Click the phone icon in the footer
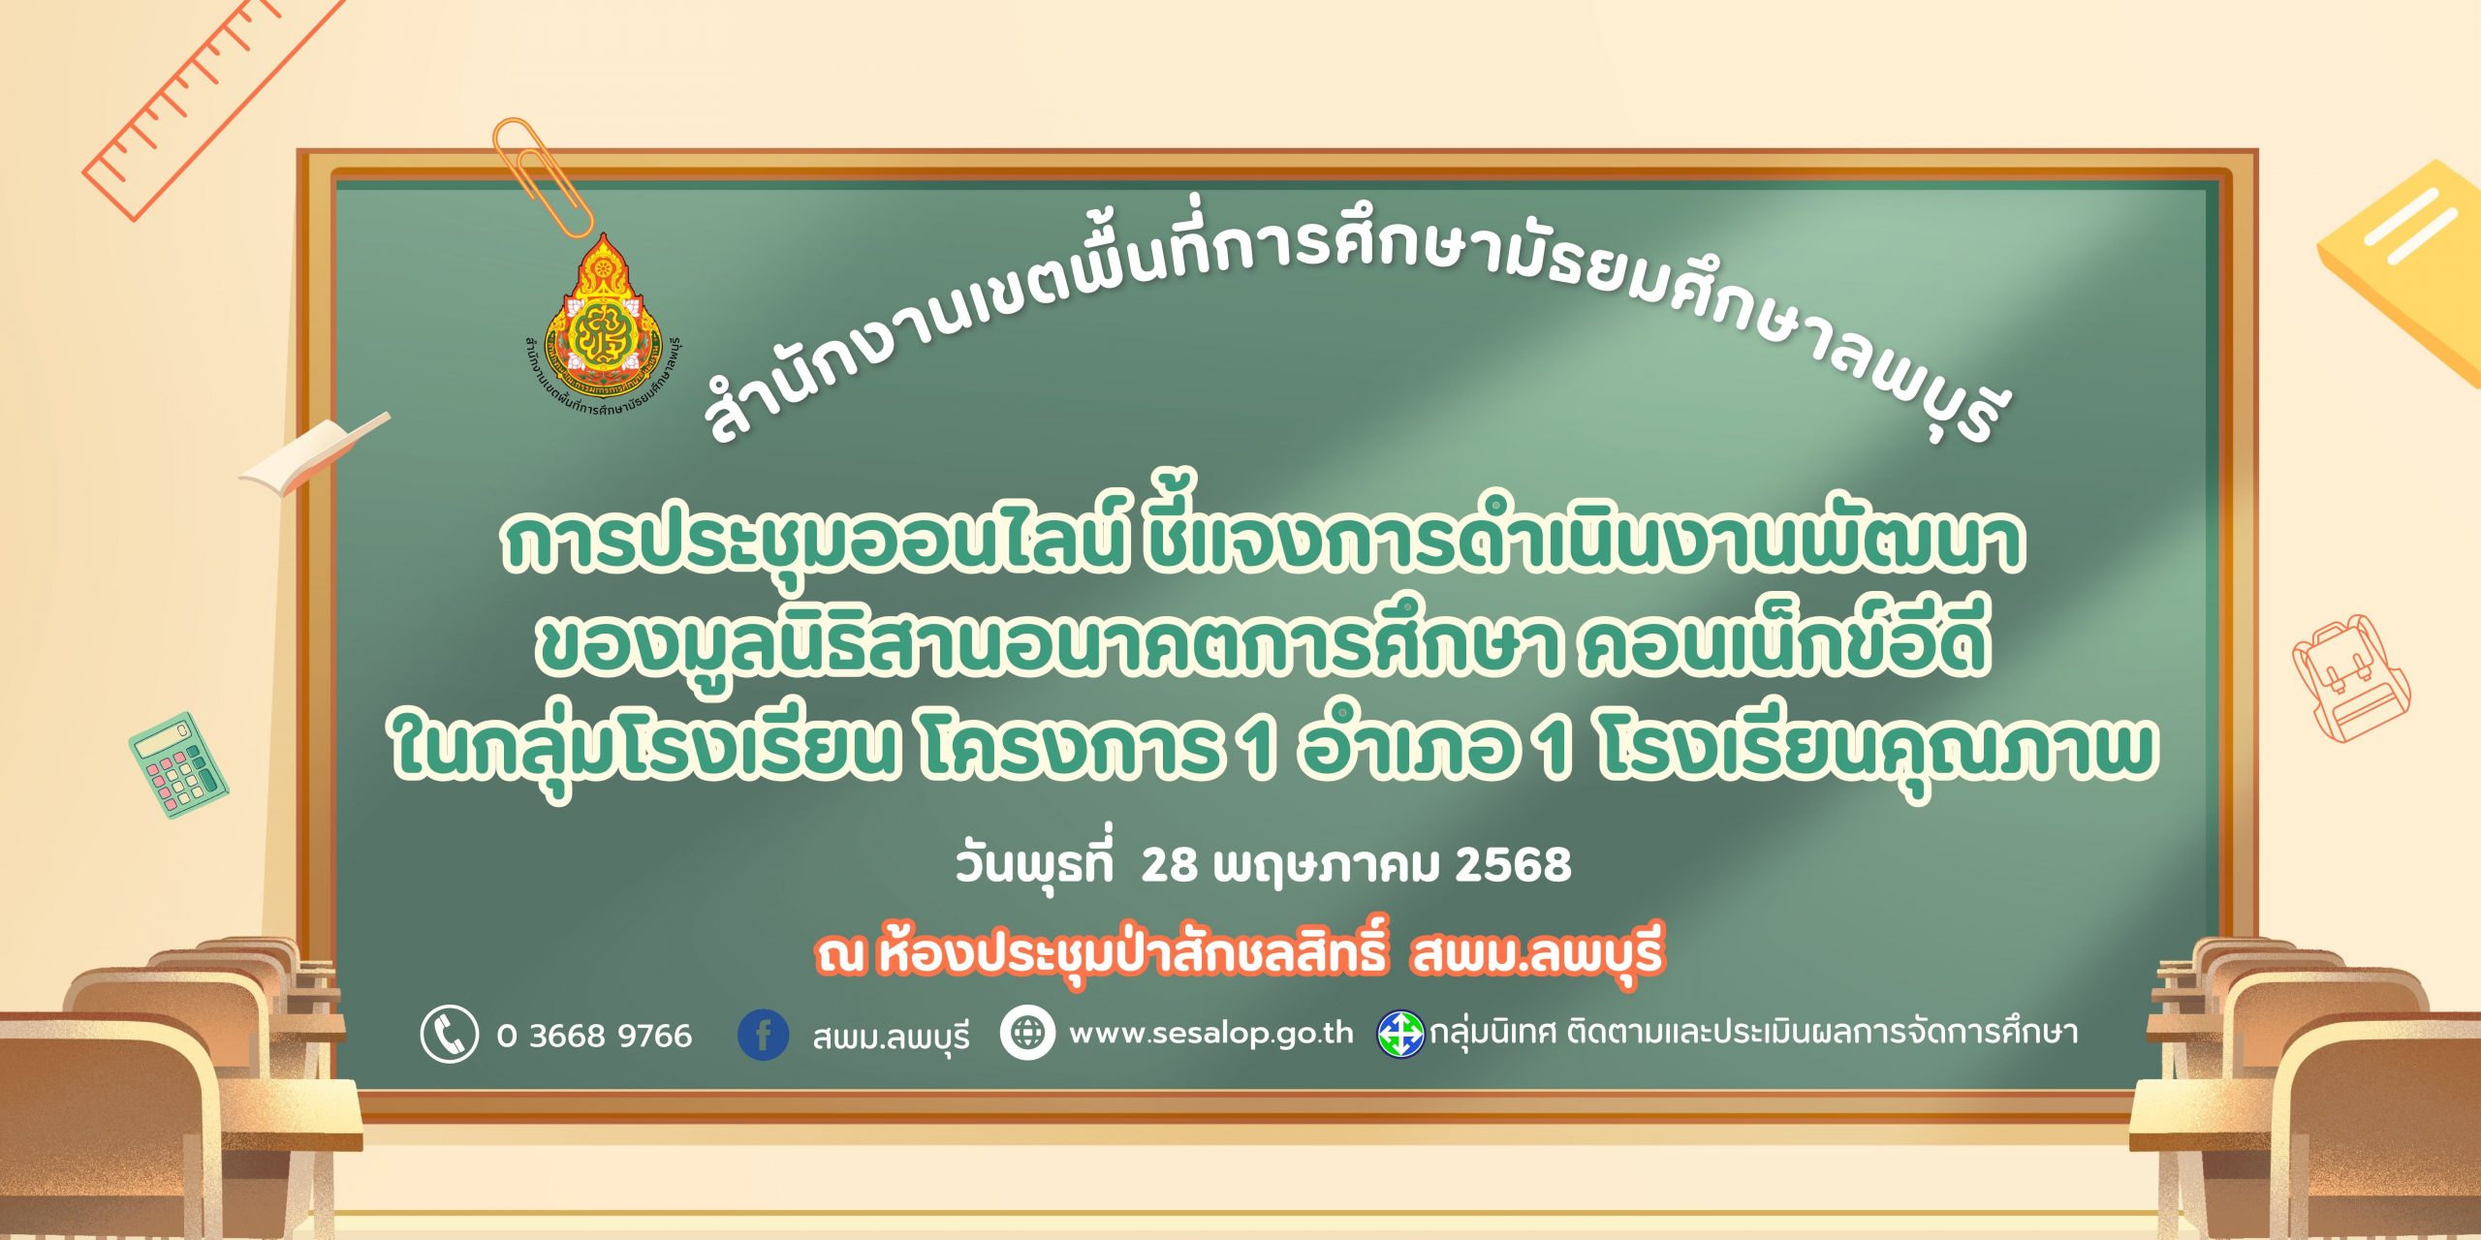coord(449,1034)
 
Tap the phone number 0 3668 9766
coord(594,1036)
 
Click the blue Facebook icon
coord(763,1034)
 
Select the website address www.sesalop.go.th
coord(1210,1034)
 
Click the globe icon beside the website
coord(1027,1033)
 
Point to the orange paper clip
coord(543,175)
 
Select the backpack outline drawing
coord(2349,677)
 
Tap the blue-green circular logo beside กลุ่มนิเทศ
coord(1401,1034)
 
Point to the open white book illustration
coord(315,452)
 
